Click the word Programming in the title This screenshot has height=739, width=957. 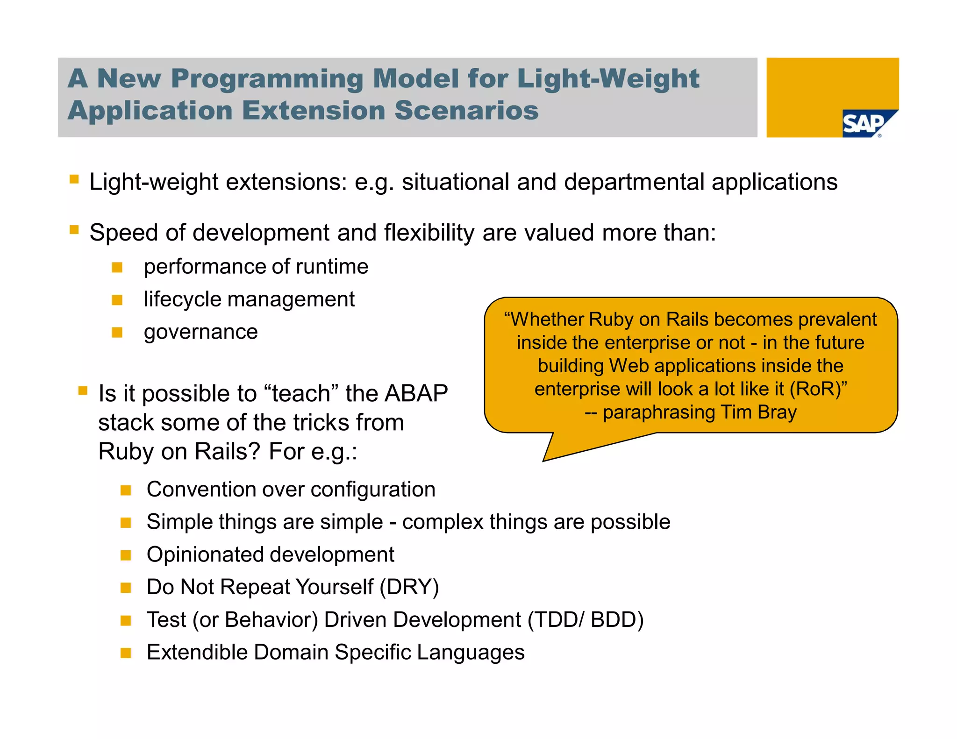coord(267,78)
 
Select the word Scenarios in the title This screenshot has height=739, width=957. coord(466,111)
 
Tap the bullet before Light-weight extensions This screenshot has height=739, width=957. coord(74,179)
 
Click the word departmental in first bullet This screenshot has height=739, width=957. coord(634,182)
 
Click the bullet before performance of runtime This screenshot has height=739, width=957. coord(117,268)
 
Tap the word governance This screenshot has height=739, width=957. coord(200,332)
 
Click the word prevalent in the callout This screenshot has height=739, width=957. coord(837,320)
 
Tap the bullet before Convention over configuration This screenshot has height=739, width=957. coord(126,490)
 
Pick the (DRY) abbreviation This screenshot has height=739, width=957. coord(409,587)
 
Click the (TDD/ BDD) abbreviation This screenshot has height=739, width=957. coord(585,620)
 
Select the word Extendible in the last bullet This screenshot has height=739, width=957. coord(197,653)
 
